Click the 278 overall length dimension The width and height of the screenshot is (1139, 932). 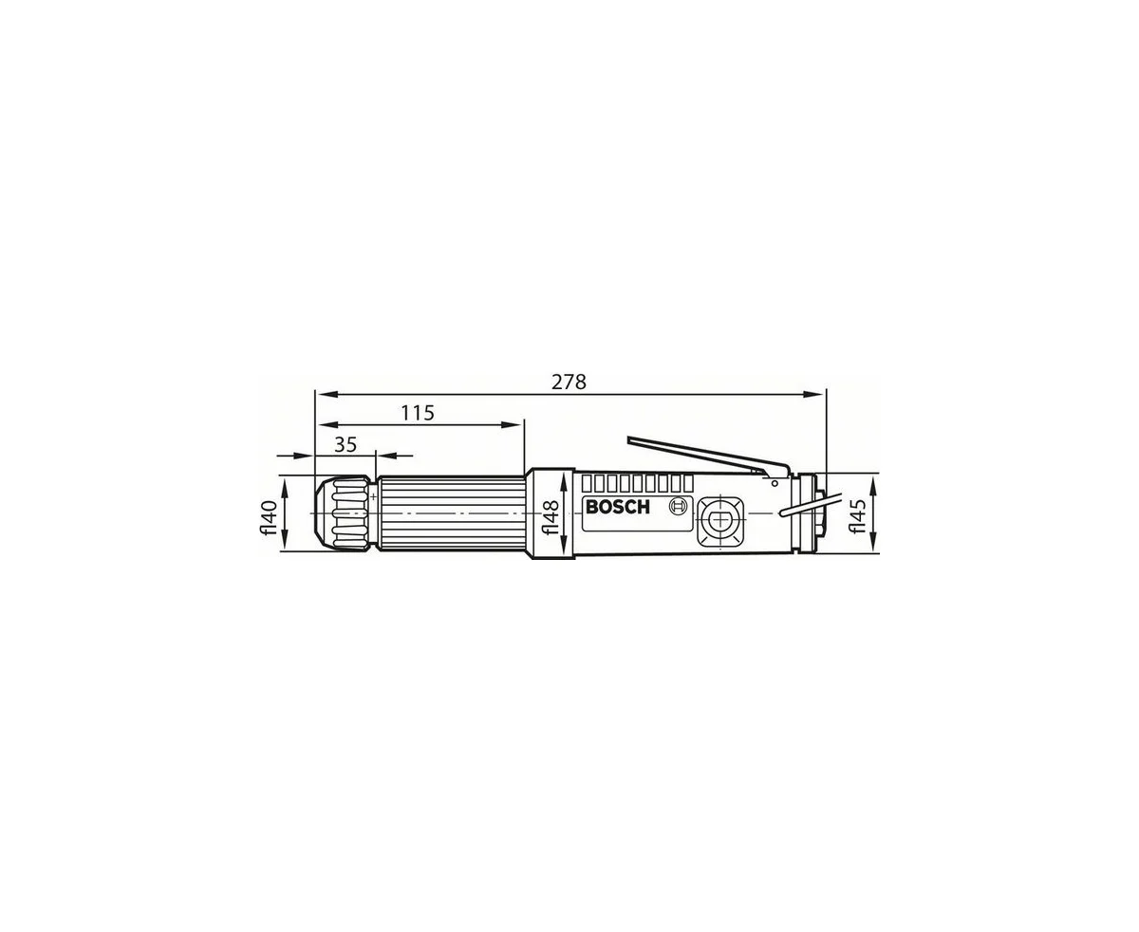[569, 382]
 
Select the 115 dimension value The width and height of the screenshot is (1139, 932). [418, 413]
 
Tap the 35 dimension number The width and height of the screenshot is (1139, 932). [345, 444]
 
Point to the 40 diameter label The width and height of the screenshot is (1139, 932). [269, 518]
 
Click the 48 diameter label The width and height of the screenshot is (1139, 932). [550, 517]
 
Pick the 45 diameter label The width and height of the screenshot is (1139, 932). [858, 515]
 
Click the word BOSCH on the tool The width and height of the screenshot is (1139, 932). [617, 507]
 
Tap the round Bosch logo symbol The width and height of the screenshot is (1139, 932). [679, 507]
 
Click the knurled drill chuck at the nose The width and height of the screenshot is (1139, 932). [344, 513]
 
